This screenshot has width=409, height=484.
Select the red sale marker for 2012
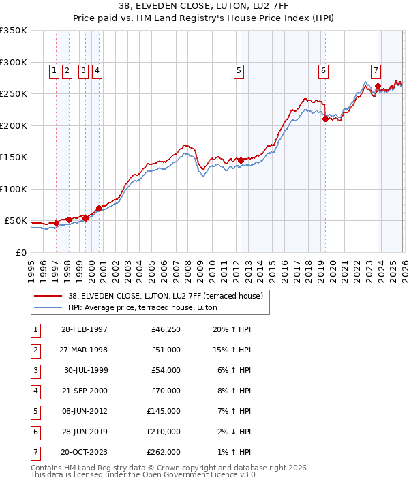[241, 160]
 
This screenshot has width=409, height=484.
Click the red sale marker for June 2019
[325, 119]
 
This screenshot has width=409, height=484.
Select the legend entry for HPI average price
[142, 308]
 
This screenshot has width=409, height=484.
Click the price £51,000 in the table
[166, 350]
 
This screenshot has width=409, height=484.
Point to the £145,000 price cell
[164, 412]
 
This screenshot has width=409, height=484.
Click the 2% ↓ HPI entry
[235, 432]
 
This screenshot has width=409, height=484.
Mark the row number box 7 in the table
[34, 451]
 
